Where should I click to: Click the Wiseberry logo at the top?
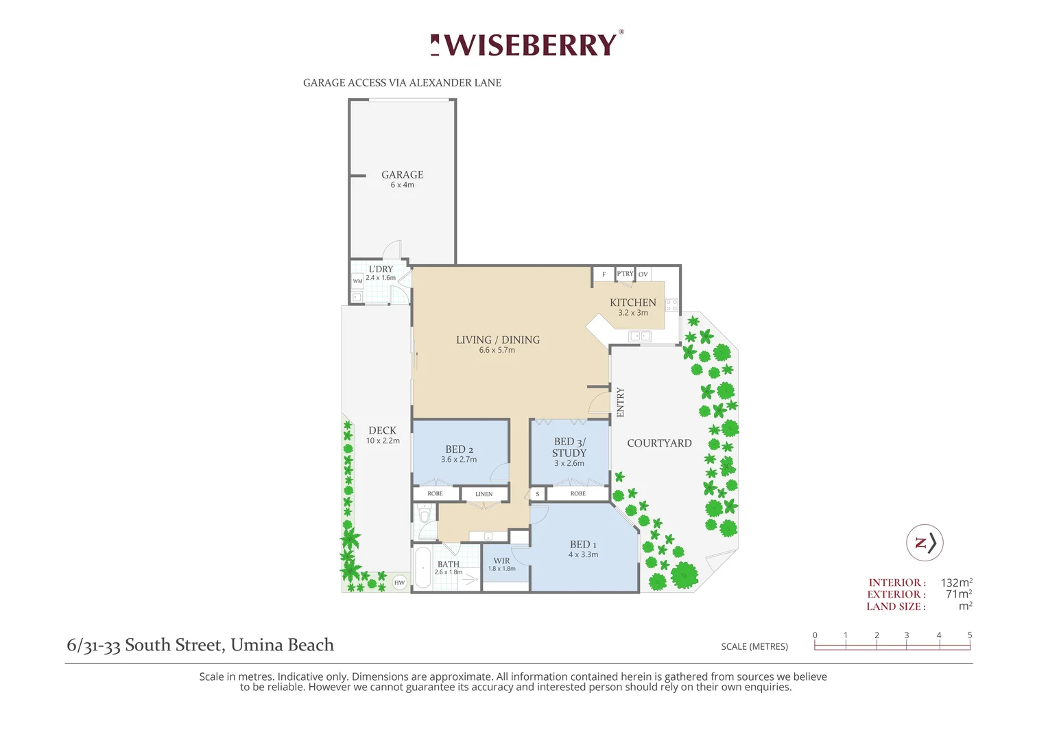click(x=527, y=45)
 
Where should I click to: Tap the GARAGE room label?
click(x=403, y=175)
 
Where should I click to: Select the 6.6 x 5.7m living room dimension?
click(x=497, y=350)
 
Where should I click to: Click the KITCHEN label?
click(x=632, y=303)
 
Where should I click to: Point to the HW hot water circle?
click(x=399, y=583)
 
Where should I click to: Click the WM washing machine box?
click(x=357, y=281)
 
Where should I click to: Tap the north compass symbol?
click(x=925, y=543)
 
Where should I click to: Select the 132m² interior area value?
click(x=956, y=583)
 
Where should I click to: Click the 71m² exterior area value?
click(x=958, y=594)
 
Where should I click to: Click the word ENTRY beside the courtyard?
click(x=621, y=402)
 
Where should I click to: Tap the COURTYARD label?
click(x=659, y=443)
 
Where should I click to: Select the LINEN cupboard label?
click(x=484, y=494)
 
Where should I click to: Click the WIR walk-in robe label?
click(x=501, y=561)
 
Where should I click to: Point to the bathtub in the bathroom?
click(x=422, y=567)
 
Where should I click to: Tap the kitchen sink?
click(x=639, y=336)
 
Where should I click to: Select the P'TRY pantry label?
click(x=625, y=274)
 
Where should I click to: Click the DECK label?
click(x=382, y=431)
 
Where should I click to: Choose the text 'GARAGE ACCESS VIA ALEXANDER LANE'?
click(x=402, y=83)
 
